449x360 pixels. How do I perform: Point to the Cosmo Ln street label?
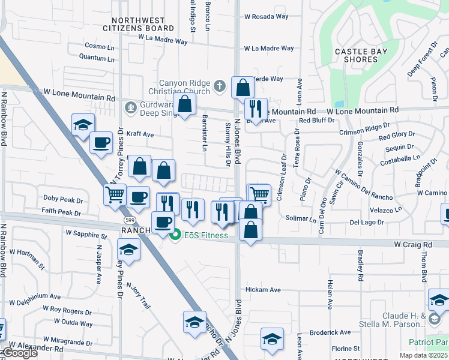tap(99, 46)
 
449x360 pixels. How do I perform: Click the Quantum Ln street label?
tap(97, 58)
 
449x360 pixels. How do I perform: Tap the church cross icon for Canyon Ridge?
tap(220, 86)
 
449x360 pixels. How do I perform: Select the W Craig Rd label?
tap(413, 245)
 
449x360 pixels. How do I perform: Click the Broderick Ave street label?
tap(330, 332)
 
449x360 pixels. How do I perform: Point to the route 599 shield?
tap(130, 220)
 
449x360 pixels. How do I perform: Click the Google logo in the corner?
tap(19, 353)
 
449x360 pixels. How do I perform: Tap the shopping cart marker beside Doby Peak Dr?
tap(115, 194)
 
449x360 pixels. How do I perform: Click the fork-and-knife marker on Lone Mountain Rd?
tap(256, 109)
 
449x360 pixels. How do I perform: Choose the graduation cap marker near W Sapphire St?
tap(128, 249)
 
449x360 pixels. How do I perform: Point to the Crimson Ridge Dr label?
tap(364, 130)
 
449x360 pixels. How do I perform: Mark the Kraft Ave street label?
tap(140, 134)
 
